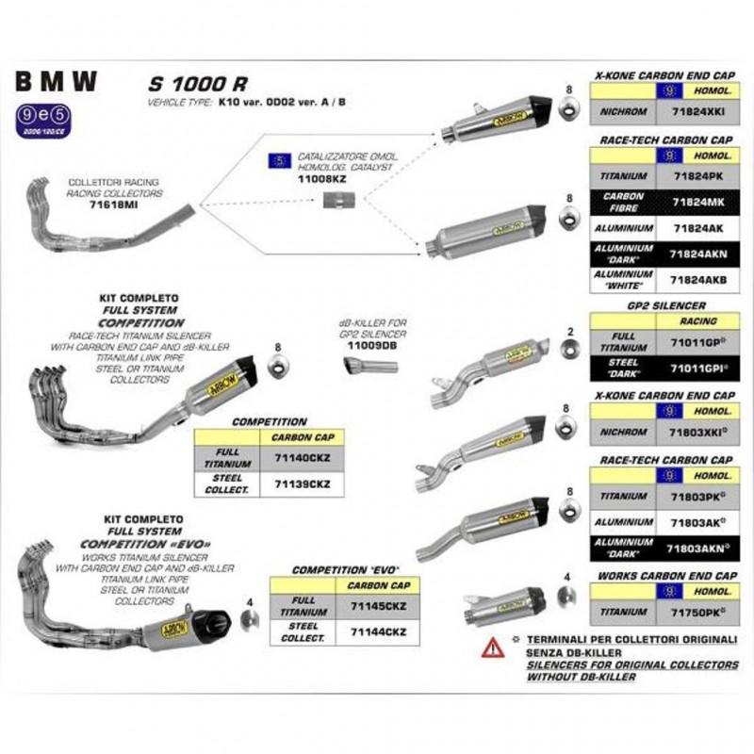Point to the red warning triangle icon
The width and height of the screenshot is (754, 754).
point(493,647)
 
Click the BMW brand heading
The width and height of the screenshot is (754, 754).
point(56,82)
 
